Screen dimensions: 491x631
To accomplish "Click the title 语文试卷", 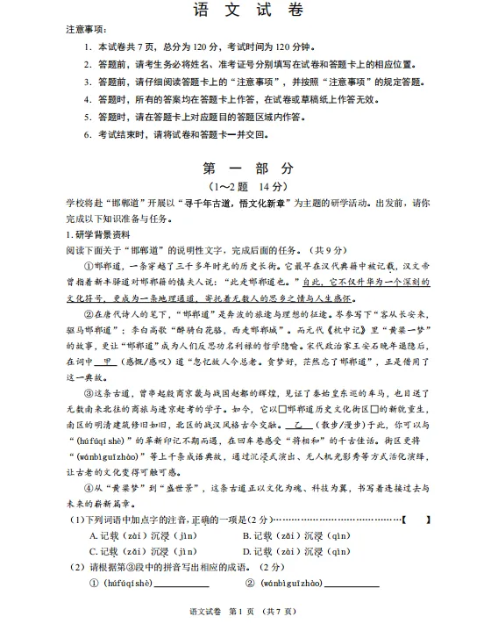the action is (246, 10).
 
